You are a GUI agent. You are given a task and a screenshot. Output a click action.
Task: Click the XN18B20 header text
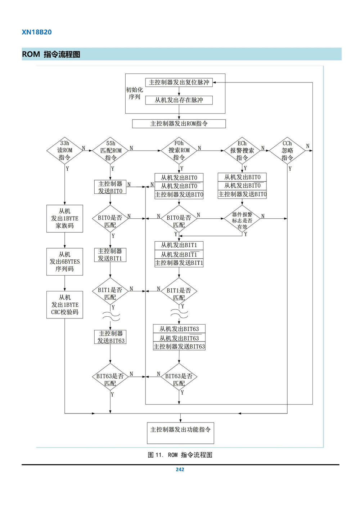pos(37,32)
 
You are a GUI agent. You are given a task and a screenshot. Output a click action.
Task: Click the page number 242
pos(180,469)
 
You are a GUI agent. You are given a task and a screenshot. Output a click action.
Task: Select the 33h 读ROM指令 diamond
pos(65,151)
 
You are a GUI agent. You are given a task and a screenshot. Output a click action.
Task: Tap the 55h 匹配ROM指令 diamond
pos(111,151)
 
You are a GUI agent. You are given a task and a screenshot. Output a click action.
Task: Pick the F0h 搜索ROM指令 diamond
pos(179,151)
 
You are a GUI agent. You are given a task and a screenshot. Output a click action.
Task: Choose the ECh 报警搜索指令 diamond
pos(242,151)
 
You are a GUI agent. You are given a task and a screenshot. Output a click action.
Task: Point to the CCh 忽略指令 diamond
pos(287,151)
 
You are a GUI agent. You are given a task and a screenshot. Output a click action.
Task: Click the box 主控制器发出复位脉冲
pos(179,82)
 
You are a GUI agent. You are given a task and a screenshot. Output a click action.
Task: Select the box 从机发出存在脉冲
pos(179,100)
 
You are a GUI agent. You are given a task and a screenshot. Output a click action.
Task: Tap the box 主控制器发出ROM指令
pos(179,124)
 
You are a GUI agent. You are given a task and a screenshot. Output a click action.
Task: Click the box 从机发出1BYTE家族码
pos(65,219)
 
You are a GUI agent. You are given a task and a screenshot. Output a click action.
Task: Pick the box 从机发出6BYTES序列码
pos(65,262)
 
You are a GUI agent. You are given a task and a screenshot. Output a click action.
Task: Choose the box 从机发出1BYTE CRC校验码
pos(65,305)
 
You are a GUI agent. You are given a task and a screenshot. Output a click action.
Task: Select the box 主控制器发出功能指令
pos(180,433)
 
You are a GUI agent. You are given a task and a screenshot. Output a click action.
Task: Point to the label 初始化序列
pos(134,93)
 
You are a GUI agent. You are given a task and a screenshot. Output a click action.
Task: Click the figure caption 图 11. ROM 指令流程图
pos(180,455)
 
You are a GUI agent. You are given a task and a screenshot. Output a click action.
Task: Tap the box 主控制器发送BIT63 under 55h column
pos(111,337)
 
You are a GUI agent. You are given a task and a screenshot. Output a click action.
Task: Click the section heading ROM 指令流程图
pos(51,54)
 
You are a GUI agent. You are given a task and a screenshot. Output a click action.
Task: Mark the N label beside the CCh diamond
pos(307,146)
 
